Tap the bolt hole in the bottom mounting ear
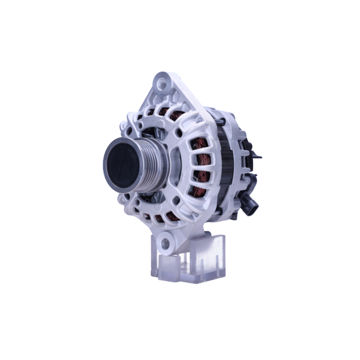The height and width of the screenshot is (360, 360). (x=166, y=243)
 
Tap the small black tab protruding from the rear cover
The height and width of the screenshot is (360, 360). (x=257, y=156)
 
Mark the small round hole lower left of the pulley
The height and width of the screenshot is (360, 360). (x=126, y=197)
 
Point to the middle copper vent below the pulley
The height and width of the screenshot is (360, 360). (x=158, y=218)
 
